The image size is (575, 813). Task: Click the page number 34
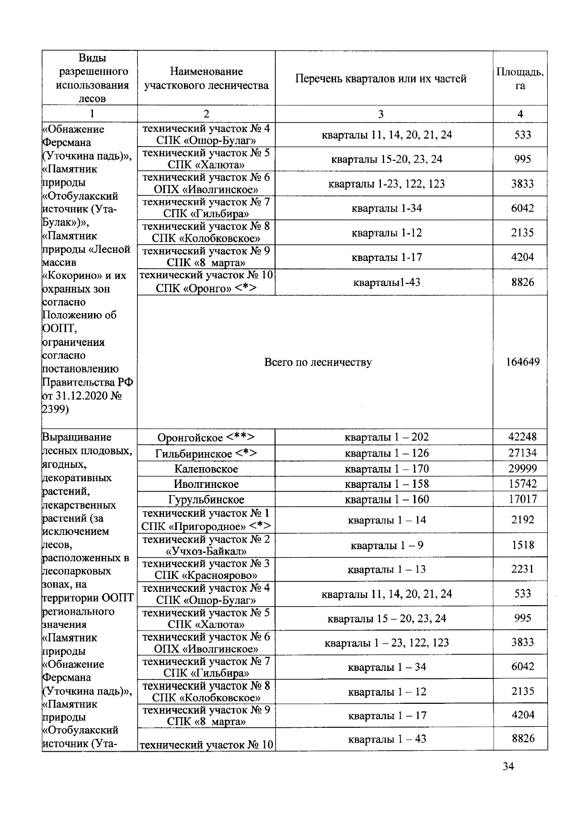point(508,766)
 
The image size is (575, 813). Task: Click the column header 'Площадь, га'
point(520,79)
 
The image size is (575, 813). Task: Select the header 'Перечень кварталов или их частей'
point(381,79)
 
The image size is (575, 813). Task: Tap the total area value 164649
point(522,362)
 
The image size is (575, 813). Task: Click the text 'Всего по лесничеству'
point(318,362)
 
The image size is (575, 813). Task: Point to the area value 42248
point(522,437)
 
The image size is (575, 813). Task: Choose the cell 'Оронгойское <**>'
point(206,438)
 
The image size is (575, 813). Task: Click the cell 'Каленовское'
point(206,469)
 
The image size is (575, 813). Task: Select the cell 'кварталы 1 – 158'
point(387,484)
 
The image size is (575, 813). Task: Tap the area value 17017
point(522,499)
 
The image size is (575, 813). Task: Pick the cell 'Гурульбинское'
point(206,499)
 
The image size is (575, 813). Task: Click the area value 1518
point(522,545)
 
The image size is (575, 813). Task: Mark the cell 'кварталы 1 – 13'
point(387,569)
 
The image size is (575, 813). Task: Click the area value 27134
point(522,452)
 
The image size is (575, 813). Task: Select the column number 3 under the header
point(380,114)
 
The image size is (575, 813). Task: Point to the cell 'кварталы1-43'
point(387,282)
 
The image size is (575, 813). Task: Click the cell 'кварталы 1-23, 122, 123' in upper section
point(387,184)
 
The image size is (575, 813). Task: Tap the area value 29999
point(522,468)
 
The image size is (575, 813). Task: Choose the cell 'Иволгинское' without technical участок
point(206,484)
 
